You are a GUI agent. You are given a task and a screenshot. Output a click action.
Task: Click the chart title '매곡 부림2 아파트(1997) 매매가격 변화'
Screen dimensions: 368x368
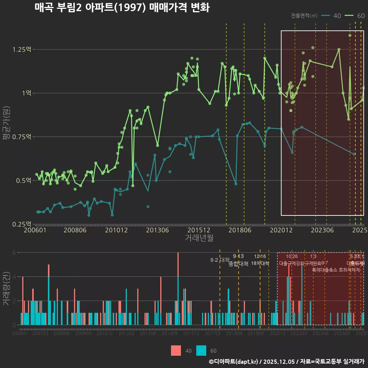click(x=122, y=8)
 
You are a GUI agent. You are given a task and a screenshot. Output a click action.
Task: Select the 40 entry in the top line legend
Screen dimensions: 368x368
click(x=337, y=16)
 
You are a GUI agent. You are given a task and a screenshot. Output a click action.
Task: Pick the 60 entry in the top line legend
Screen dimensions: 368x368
click(x=360, y=16)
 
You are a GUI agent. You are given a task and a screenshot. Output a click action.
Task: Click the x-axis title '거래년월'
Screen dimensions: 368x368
click(x=199, y=238)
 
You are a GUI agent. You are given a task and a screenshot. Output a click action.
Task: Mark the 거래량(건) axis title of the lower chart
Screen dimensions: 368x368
click(x=6, y=289)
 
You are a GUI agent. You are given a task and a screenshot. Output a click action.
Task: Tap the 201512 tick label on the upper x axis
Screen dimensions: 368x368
click(x=200, y=230)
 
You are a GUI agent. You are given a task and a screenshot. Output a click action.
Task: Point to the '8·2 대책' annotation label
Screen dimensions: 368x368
click(x=220, y=260)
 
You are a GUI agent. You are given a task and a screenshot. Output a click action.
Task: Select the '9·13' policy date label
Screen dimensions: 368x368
click(x=238, y=256)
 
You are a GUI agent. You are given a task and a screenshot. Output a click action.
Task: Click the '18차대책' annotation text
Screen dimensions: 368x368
click(x=260, y=263)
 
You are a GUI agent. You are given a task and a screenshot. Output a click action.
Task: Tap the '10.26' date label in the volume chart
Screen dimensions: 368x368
click(x=292, y=256)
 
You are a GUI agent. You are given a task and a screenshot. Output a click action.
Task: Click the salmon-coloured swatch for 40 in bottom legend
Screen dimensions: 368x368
click(x=176, y=350)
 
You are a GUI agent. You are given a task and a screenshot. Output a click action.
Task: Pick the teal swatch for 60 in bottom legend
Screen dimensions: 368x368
click(x=201, y=350)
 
